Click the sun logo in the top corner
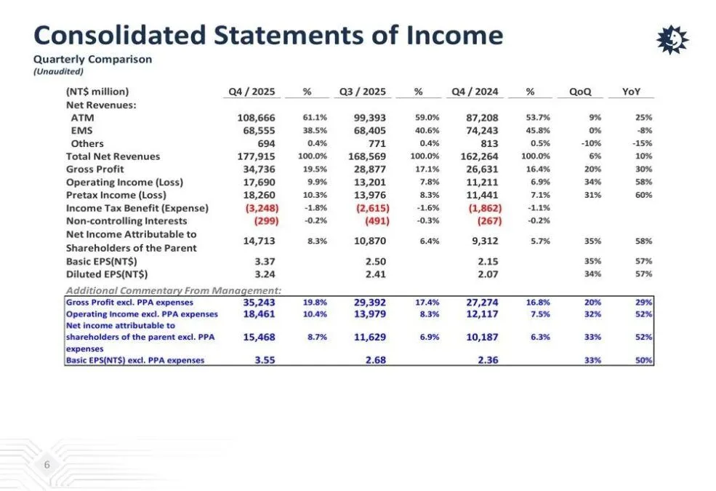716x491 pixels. tap(672, 39)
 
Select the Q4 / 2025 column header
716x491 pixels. tap(252, 92)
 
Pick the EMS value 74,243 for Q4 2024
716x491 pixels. tap(482, 131)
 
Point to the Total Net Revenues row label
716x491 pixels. tap(113, 156)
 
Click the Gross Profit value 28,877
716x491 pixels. tap(370, 169)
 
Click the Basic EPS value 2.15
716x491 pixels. tap(487, 261)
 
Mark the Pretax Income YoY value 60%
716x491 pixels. tap(643, 196)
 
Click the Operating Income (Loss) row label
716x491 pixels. tap(124, 183)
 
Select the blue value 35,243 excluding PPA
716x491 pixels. tap(259, 303)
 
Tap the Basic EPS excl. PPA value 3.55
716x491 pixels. tap(265, 360)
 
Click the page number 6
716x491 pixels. tap(47, 465)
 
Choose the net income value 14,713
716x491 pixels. tap(259, 241)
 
